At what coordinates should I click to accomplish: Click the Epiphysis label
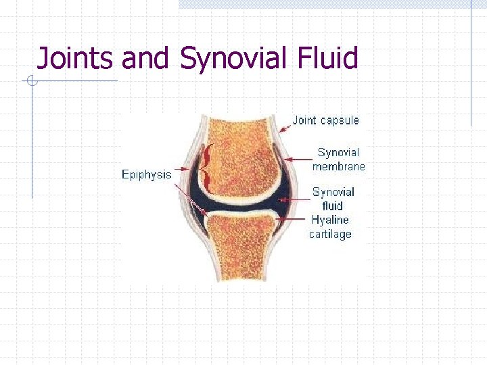pos(146,174)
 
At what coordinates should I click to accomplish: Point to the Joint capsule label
pos(325,121)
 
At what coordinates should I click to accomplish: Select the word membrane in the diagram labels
pos(338,166)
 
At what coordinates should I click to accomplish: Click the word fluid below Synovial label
pos(332,205)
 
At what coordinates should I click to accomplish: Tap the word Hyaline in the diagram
pos(330,220)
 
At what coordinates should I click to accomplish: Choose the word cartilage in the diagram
pos(330,234)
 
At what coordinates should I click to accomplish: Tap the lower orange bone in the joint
pos(241,247)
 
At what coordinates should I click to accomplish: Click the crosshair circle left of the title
pos(30,82)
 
